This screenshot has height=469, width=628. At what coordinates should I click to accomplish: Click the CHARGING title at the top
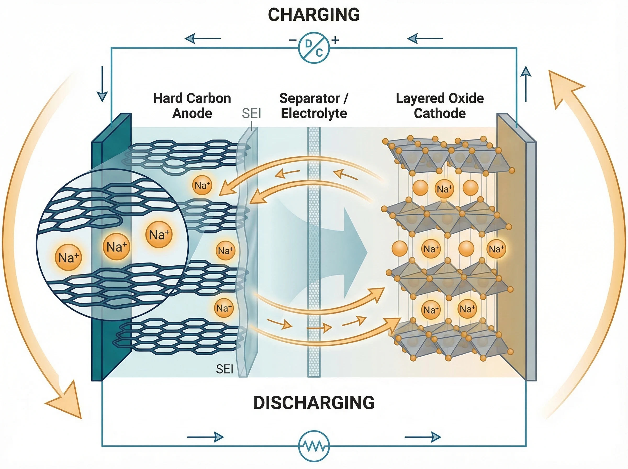click(x=313, y=15)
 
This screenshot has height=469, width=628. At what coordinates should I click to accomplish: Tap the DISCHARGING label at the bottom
click(x=313, y=403)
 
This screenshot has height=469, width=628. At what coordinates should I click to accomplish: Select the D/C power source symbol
click(x=314, y=48)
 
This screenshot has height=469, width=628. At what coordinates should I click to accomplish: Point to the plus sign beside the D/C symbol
click(x=335, y=40)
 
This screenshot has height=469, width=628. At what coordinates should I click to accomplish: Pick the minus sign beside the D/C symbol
click(x=293, y=40)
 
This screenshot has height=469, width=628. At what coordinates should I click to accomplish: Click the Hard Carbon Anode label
click(x=192, y=106)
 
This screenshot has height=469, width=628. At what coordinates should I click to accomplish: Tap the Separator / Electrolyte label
click(x=313, y=106)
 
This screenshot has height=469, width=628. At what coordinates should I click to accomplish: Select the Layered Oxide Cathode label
click(x=440, y=106)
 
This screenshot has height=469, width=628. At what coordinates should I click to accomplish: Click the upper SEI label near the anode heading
click(x=251, y=113)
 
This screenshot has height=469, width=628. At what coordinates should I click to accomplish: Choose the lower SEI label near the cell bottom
click(x=224, y=369)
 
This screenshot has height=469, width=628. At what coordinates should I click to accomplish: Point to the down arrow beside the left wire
click(x=102, y=85)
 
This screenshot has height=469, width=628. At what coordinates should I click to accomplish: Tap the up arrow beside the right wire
click(x=526, y=84)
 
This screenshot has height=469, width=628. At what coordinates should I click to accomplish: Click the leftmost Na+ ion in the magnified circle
click(x=68, y=257)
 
